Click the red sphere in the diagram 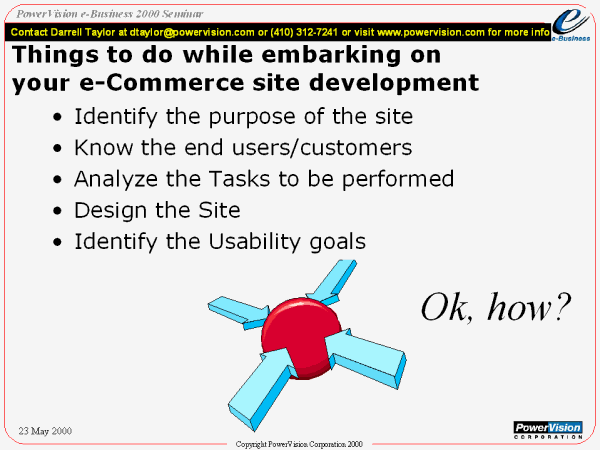(x=301, y=338)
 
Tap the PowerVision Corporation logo (x=548, y=430)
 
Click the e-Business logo (x=571, y=25)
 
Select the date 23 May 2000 (x=45, y=431)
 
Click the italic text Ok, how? (x=496, y=307)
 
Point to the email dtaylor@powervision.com (x=192, y=32)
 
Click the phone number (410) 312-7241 (x=304, y=32)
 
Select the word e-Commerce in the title (x=162, y=82)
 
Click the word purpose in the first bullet (x=252, y=117)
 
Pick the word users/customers (x=322, y=148)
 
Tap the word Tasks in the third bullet (x=239, y=179)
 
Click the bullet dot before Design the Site (x=57, y=211)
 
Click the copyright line (x=299, y=444)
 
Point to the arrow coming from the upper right (x=332, y=281)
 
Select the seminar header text (x=109, y=14)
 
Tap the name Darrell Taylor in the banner (x=82, y=32)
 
